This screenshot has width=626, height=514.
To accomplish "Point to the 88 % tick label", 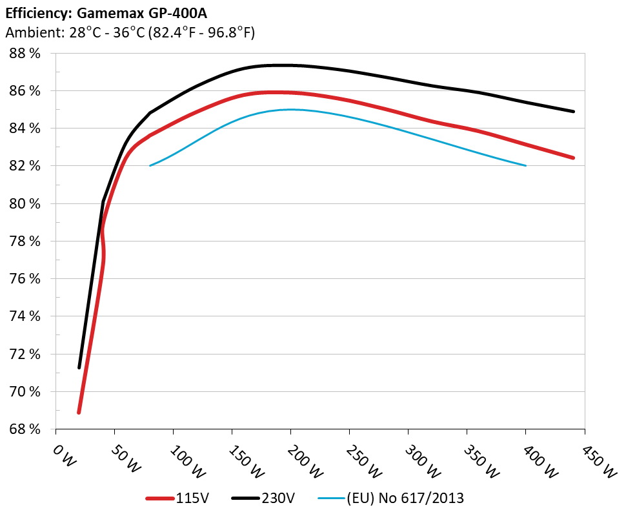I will coord(25,54).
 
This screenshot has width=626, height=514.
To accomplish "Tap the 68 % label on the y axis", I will coord(25,429).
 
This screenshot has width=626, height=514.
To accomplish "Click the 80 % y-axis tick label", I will coord(25,204).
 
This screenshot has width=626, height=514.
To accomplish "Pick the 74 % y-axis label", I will coord(25,316).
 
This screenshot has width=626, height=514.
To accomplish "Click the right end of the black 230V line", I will coord(573,112).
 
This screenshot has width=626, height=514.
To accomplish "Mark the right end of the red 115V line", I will coord(573,158).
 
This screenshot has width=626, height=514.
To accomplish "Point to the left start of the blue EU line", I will coord(150,166).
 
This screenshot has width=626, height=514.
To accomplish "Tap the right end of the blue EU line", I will coord(526,166).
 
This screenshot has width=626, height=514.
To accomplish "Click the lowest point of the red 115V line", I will coord(79,412).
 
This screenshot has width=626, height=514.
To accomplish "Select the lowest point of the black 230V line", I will coord(79,367).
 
